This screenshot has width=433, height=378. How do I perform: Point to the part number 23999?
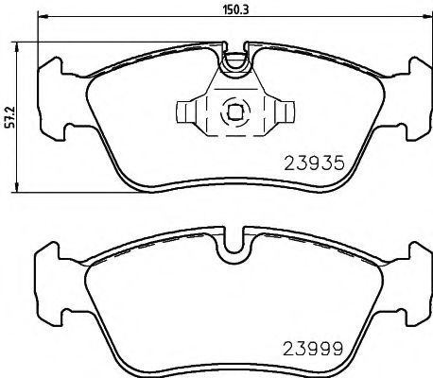(311, 347)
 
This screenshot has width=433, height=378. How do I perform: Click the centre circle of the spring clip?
(233, 112)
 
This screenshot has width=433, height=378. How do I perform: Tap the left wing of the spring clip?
(193, 112)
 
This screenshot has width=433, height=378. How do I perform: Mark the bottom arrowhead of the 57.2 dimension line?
(22, 191)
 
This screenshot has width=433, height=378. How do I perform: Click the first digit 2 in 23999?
(288, 347)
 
